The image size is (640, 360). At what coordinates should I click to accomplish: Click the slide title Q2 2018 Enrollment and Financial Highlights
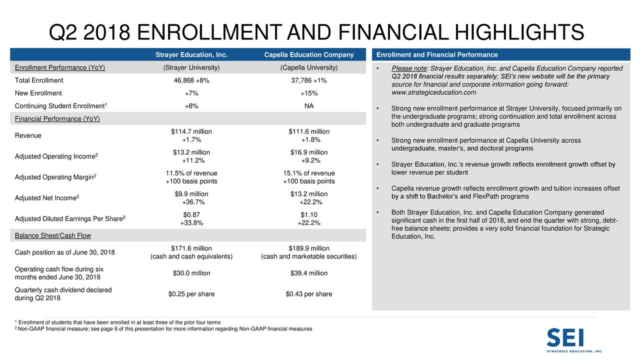click(x=316, y=33)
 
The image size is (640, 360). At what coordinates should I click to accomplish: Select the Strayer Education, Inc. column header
click(x=191, y=55)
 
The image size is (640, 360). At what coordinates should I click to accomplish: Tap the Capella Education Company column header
click(x=308, y=55)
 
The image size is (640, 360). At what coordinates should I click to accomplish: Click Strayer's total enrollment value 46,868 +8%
click(x=191, y=80)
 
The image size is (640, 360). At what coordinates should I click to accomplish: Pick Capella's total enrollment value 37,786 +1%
click(x=308, y=80)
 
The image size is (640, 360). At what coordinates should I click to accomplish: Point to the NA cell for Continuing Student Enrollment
click(x=308, y=105)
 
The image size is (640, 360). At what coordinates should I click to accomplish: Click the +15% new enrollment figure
click(x=308, y=93)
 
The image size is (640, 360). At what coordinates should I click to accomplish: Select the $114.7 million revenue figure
click(x=191, y=131)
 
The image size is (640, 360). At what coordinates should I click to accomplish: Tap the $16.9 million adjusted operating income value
click(x=308, y=152)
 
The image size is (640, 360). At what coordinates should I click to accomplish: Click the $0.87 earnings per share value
click(x=191, y=215)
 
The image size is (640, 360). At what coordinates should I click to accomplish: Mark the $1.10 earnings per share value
click(x=308, y=215)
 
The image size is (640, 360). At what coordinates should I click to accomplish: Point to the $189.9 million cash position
click(x=308, y=248)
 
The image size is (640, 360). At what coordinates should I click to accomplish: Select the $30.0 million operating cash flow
click(x=191, y=273)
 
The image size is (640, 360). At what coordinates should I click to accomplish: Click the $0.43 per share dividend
click(x=308, y=294)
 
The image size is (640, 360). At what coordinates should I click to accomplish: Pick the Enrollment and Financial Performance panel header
click(x=436, y=55)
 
